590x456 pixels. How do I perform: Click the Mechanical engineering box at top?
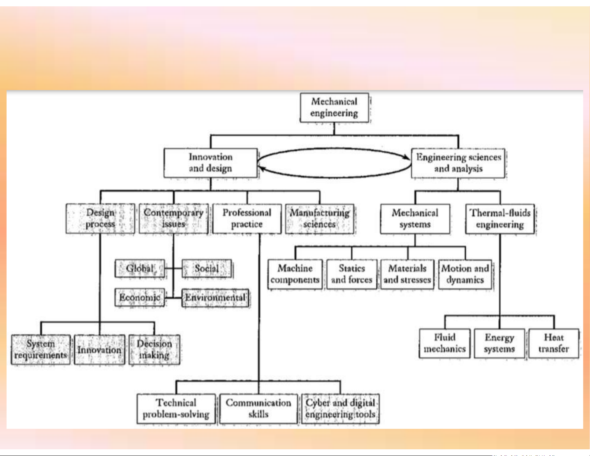point(334,108)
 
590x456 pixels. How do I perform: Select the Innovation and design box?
point(210,163)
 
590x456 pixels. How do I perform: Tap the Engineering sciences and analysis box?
point(458,163)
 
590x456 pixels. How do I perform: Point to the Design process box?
point(100,219)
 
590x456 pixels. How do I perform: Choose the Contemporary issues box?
point(173,219)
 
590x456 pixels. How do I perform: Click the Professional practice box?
point(247,219)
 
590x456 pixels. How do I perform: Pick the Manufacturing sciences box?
point(320,219)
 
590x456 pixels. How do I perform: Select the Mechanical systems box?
point(415,219)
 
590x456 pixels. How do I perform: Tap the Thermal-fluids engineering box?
point(500,219)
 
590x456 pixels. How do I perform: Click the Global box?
point(140,268)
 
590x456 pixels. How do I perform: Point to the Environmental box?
point(216,298)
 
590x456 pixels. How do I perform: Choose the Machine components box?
point(295,274)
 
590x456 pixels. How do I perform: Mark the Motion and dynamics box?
point(465,274)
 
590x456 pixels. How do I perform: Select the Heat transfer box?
point(554,343)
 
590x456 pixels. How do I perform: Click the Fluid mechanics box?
point(444,343)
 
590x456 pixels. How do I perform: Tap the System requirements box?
point(41,350)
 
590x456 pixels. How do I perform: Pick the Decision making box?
point(154,350)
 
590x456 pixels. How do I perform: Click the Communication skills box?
point(258,409)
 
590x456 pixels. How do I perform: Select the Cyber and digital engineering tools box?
point(340,409)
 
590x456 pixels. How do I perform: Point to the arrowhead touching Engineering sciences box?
point(407,157)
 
